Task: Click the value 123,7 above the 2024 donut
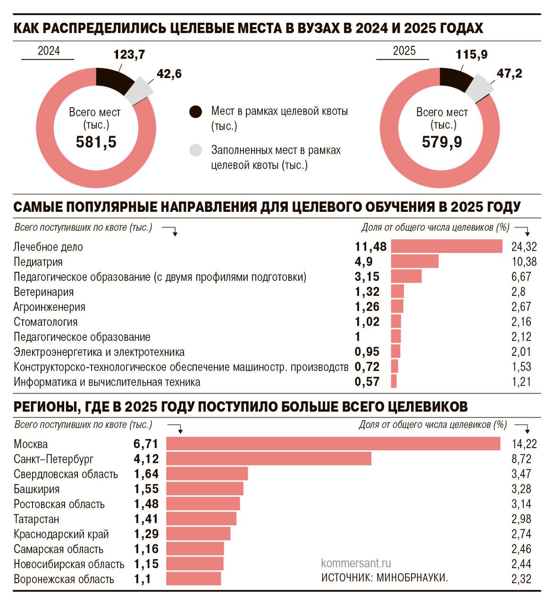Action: [x=129, y=55]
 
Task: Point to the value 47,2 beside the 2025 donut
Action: [x=509, y=73]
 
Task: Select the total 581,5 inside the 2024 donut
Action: [x=96, y=142]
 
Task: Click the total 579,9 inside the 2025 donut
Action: [x=442, y=142]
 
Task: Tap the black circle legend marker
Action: [x=195, y=112]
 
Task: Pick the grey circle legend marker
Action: [x=195, y=150]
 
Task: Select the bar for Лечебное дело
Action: [x=446, y=246]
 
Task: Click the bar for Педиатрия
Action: [x=415, y=261]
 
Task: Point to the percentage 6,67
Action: [x=521, y=277]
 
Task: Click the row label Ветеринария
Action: [x=43, y=292]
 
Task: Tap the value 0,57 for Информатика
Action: [x=367, y=382]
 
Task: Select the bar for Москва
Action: [x=333, y=444]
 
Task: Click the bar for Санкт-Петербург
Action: [x=269, y=459]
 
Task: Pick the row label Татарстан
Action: [x=36, y=519]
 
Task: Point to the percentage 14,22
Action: [x=524, y=444]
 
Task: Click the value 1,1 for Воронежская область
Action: [x=142, y=579]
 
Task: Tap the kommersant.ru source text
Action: [x=355, y=563]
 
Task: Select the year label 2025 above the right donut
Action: [x=404, y=51]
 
